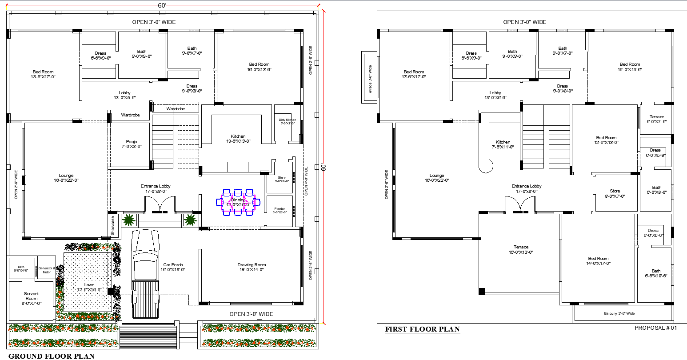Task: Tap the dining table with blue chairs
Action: point(238,203)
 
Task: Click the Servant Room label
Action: point(32,296)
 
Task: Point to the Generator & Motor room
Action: point(47,269)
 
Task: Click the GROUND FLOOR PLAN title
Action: point(52,356)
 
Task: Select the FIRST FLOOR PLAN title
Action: point(422,329)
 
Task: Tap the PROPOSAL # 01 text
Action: point(655,328)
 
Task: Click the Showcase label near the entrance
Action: point(113,225)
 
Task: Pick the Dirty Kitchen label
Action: point(288,122)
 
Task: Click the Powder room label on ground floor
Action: point(280,210)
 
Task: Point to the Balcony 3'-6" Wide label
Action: point(619,313)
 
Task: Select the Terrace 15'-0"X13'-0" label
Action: point(521,249)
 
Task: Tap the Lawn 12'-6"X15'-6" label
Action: point(89,287)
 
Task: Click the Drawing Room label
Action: point(252,267)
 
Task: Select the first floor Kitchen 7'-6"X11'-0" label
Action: point(503,144)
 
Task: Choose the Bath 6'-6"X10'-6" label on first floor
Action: point(656,273)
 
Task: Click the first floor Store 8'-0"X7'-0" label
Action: point(615,193)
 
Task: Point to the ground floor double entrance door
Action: point(160,206)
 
